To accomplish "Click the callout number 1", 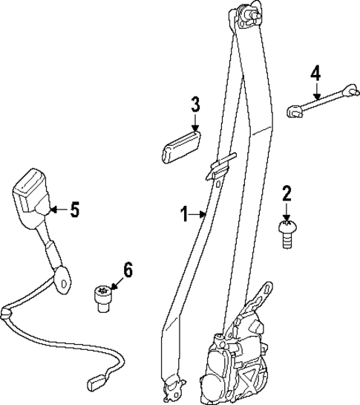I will click(x=185, y=215).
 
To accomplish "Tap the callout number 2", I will click(x=287, y=195).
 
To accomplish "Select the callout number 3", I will click(x=195, y=104).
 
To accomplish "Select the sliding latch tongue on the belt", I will click(x=218, y=168).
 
